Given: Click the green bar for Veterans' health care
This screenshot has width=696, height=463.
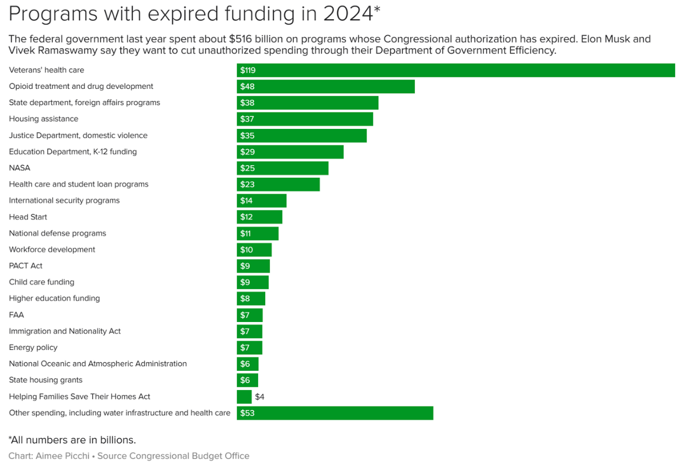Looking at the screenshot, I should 455,70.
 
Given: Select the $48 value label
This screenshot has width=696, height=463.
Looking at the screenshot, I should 247,87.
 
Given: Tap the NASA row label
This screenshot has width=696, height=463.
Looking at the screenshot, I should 20,168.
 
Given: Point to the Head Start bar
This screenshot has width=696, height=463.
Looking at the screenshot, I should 259,217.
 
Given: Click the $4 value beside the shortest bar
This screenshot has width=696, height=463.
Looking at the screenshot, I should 259,397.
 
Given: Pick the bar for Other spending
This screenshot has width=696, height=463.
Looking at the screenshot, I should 335,413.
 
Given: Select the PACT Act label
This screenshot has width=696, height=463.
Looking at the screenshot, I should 26,266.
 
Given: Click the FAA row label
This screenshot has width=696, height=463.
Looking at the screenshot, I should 16,315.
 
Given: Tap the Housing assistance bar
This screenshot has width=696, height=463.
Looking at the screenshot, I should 305,119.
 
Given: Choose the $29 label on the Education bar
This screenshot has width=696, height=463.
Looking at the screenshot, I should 247,152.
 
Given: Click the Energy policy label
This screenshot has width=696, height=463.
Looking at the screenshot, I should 33,348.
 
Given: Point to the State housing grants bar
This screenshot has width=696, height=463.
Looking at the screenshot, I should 247,380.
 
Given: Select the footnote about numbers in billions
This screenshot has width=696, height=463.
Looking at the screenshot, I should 72,440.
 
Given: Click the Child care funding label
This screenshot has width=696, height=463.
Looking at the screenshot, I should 42,283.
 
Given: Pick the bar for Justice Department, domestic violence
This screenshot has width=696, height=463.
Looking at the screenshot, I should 302,135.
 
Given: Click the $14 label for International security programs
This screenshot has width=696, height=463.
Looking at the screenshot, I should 246,201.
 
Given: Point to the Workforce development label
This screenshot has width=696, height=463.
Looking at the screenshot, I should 52,250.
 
